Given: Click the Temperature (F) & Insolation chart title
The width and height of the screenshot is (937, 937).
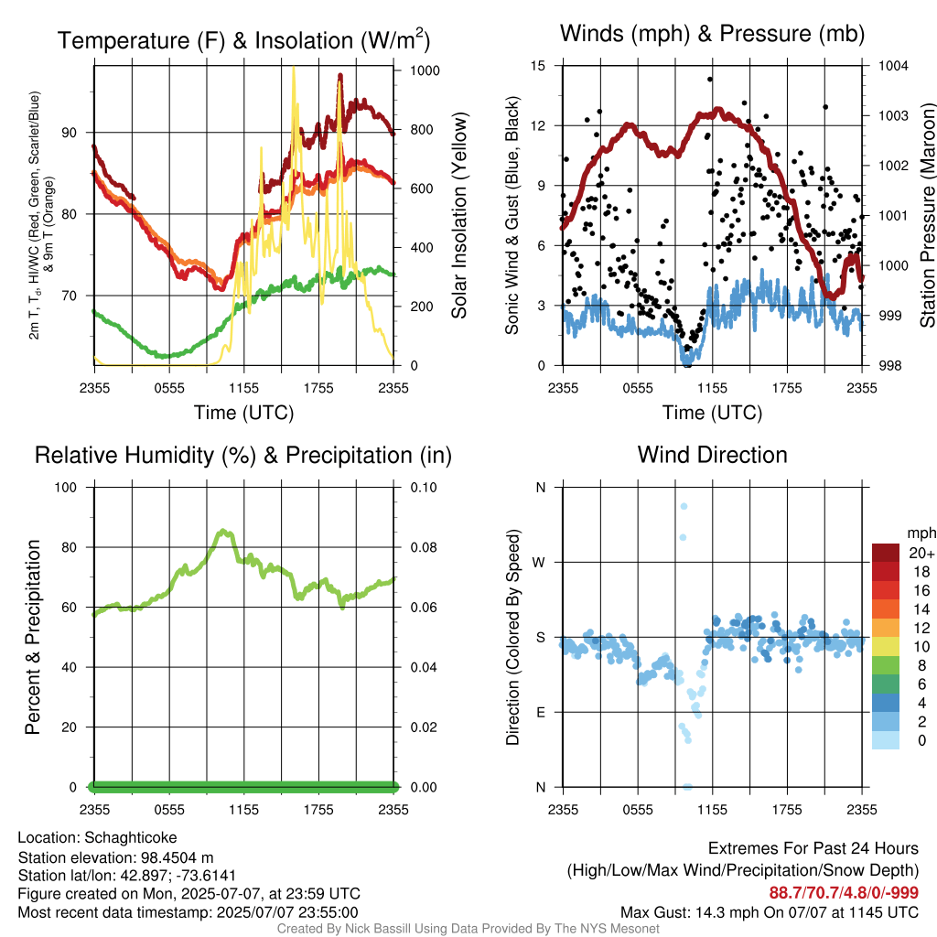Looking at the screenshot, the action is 243,40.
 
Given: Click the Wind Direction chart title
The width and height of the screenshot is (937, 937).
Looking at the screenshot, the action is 712,455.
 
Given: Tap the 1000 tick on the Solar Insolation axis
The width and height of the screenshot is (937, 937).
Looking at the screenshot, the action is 425,70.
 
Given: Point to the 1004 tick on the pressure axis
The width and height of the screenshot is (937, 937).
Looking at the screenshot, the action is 893,66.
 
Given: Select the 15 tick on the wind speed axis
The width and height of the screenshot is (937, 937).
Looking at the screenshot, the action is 538,66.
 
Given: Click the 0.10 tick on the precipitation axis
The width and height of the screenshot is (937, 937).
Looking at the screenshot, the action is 424,488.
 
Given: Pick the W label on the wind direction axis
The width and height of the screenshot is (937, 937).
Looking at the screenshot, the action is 539,563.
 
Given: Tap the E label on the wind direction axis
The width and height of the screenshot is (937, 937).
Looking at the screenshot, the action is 541,712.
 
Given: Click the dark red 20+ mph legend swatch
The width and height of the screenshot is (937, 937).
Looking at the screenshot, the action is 886,553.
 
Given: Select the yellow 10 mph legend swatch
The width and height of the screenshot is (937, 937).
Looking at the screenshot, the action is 886,647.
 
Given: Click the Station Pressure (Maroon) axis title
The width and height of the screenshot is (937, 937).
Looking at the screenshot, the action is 927,215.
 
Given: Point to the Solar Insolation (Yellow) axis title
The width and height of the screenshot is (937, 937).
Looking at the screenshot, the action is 458,215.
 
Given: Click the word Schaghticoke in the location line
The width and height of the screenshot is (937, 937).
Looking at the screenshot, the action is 130,838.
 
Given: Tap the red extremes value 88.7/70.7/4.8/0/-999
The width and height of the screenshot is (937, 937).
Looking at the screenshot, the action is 844,893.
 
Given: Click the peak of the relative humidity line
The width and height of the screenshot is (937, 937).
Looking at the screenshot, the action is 223,531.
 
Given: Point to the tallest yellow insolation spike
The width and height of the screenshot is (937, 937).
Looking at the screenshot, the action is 294,68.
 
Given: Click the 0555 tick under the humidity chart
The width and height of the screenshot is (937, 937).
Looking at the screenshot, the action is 169,810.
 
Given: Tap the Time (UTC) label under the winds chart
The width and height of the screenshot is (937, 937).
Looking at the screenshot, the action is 712,413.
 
